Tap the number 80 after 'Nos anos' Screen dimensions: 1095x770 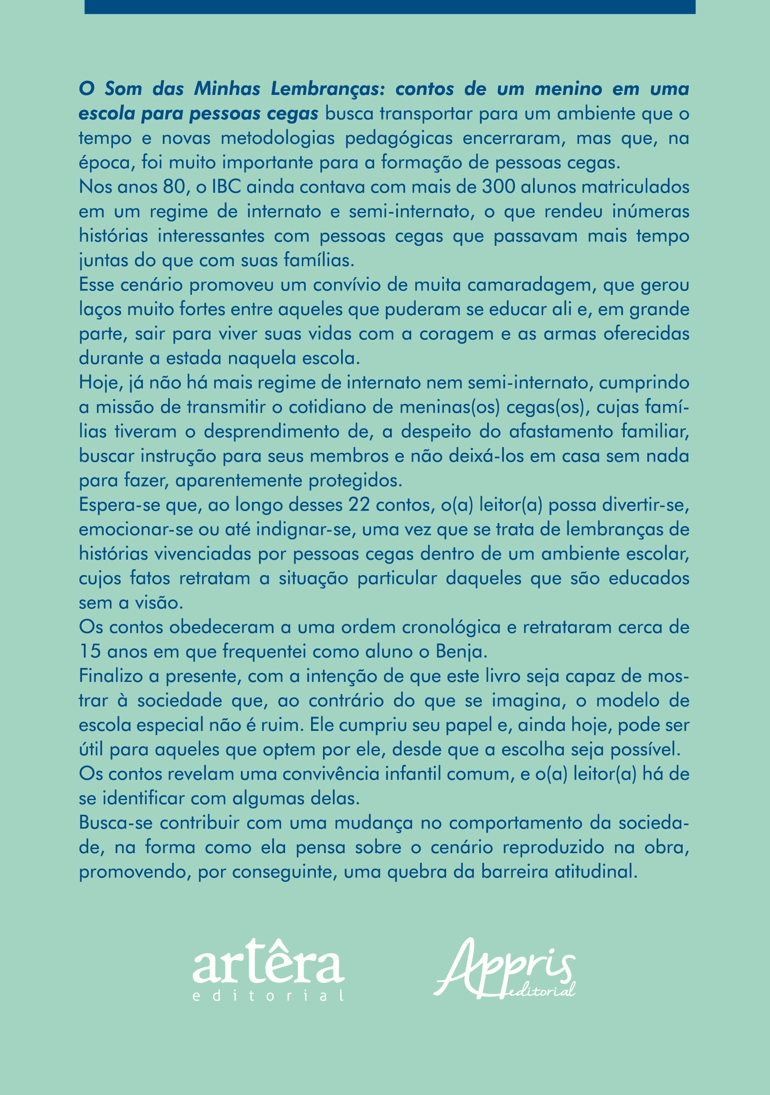174,187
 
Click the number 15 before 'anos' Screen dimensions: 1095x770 90,651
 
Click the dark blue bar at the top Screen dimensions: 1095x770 390,7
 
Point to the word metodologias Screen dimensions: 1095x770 278,138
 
